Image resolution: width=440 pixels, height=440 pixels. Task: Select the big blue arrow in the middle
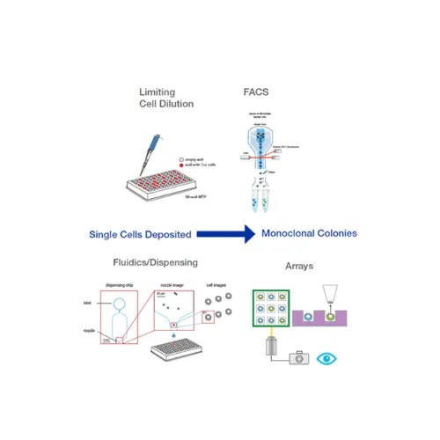tap(224, 234)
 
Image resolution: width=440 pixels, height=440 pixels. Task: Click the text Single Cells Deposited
tap(141, 234)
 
